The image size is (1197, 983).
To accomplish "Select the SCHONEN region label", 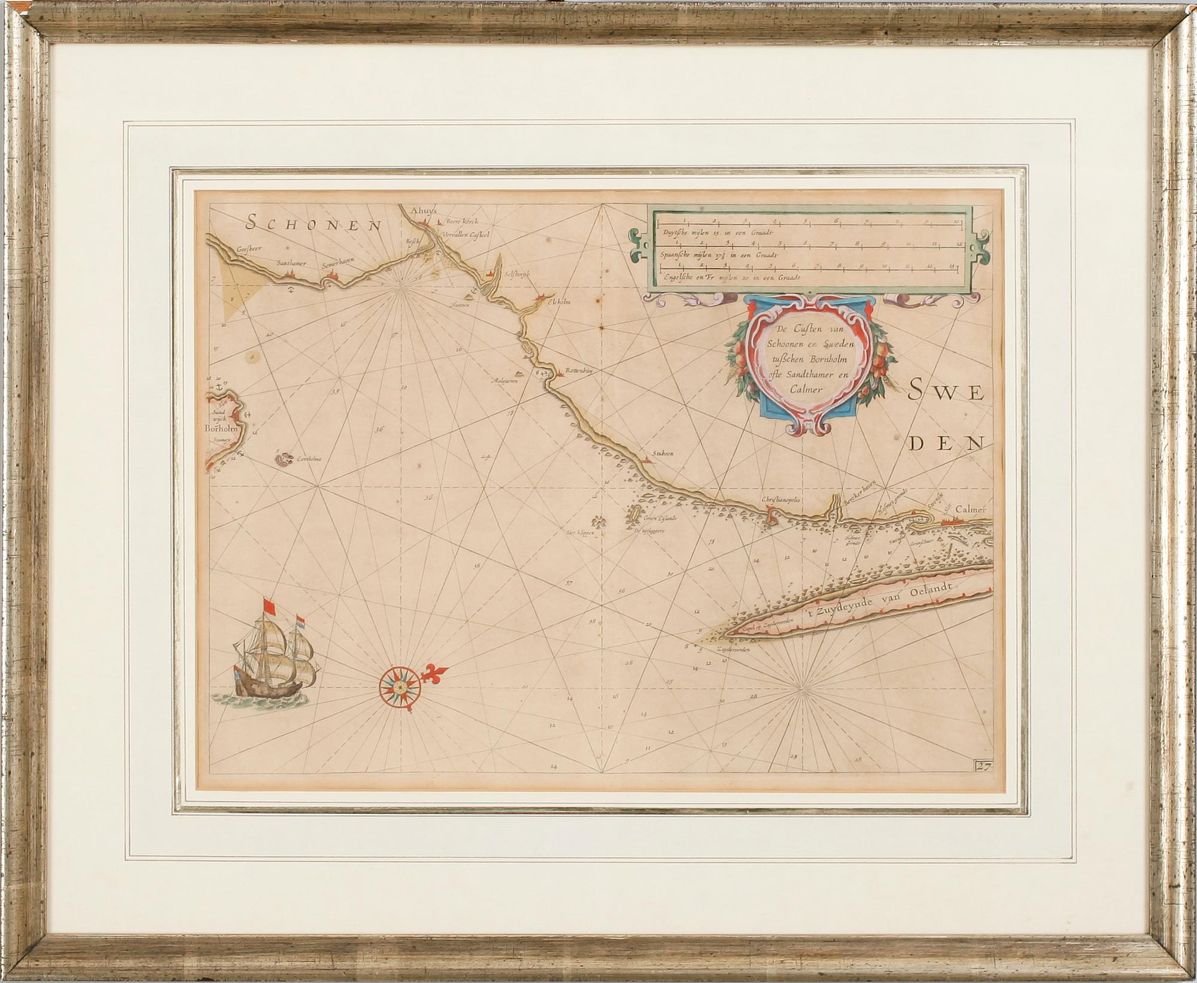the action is point(314,225).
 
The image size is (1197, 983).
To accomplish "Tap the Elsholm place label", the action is point(556,303).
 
